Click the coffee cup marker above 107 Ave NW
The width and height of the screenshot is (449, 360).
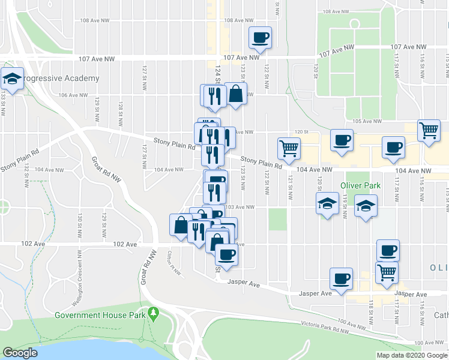261,38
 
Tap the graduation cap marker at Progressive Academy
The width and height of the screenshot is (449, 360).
11,79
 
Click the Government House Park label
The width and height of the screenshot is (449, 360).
100,314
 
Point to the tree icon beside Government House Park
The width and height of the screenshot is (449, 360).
154,313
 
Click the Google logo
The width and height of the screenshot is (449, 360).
20,353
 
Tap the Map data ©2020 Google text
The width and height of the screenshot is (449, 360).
412,355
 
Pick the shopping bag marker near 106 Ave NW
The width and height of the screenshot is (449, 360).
236,94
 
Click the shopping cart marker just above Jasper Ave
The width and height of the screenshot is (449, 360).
387,273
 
